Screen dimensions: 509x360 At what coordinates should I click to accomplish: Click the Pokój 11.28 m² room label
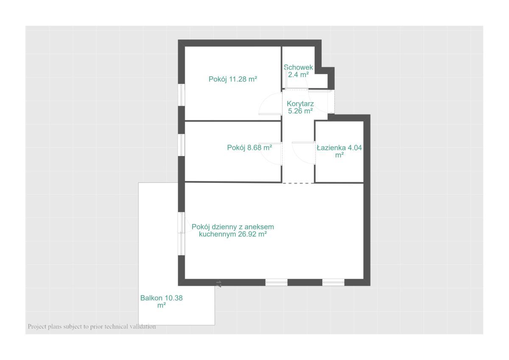(233, 79)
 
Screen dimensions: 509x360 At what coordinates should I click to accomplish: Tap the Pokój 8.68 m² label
(249, 148)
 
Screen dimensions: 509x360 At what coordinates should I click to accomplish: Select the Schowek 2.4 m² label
(298, 71)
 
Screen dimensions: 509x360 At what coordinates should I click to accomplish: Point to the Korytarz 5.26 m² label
(300, 107)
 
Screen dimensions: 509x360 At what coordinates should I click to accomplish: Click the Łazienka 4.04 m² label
(339, 151)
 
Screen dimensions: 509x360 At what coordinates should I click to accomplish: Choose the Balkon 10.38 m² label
(161, 301)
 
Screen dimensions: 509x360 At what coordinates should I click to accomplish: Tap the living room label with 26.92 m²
(233, 230)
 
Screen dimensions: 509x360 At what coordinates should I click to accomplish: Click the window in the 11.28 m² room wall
(181, 95)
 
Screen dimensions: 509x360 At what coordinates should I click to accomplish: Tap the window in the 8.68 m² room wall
(181, 145)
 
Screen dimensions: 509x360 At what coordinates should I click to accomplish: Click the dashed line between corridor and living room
(298, 183)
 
